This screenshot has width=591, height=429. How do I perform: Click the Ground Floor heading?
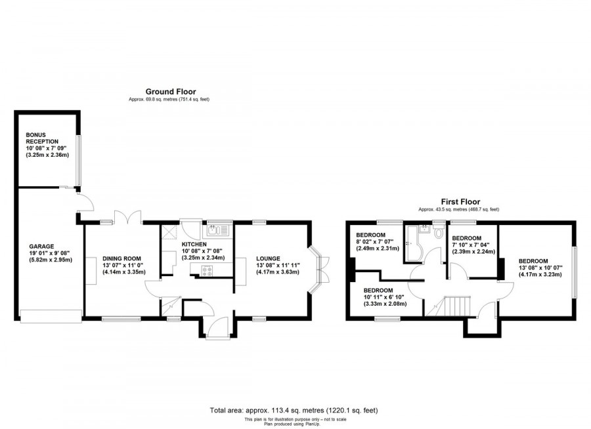[x=170, y=92]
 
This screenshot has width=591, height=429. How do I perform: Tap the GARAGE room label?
[x=41, y=247]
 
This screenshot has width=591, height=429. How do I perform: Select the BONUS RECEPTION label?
[x=42, y=138]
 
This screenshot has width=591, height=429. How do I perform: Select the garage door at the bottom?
[x=50, y=316]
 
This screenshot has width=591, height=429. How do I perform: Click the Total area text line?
[x=294, y=411]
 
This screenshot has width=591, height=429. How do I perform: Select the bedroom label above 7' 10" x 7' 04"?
[x=467, y=238]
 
